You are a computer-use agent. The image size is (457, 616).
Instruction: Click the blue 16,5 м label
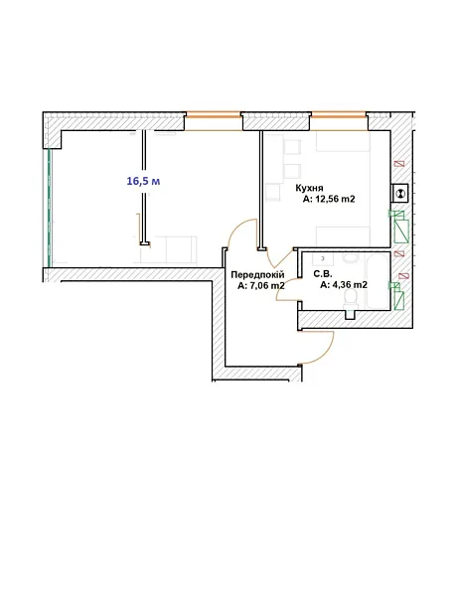click(143, 181)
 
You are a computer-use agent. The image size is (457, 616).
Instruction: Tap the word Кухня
click(309, 188)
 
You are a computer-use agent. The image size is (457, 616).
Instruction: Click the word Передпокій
click(257, 274)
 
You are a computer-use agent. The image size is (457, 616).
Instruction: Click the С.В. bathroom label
click(323, 274)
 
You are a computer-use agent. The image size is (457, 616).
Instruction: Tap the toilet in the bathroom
click(350, 300)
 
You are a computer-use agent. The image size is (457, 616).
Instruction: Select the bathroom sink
click(323, 259)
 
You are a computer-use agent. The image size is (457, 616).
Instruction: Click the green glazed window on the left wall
click(49, 208)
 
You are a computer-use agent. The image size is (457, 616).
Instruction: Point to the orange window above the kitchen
click(339, 115)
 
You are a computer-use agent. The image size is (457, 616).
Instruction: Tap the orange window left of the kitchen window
click(214, 115)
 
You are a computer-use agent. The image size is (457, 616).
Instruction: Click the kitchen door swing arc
click(278, 259)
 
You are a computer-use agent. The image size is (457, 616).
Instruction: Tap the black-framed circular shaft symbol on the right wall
click(400, 193)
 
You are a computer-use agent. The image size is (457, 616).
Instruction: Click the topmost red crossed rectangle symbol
click(399, 163)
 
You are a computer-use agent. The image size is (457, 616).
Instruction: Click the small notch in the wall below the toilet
click(350, 315)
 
